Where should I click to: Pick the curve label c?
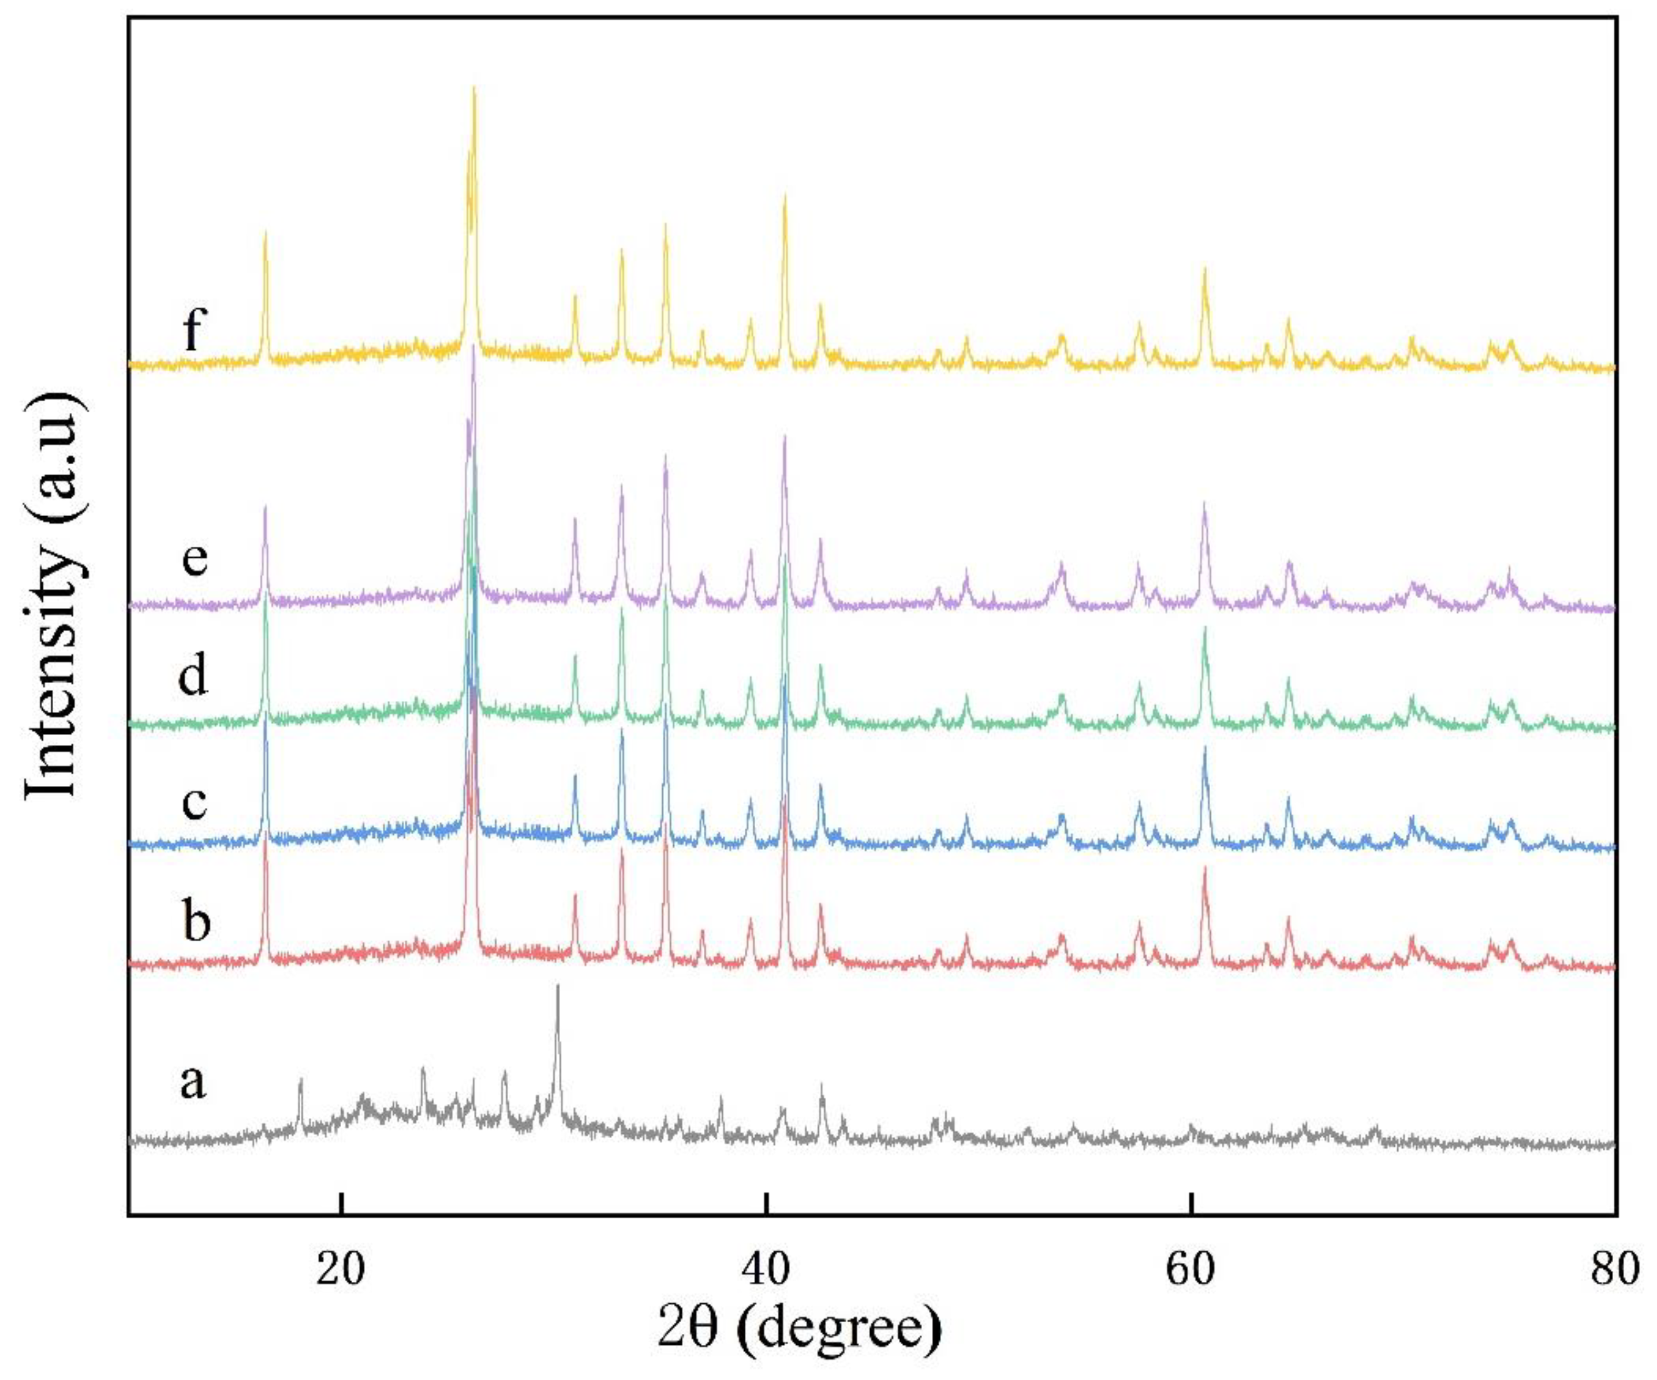pyautogui.click(x=193, y=803)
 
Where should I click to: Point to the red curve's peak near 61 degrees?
pyautogui.click(x=1205, y=868)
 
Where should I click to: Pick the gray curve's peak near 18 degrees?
pyautogui.click(x=301, y=1079)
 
